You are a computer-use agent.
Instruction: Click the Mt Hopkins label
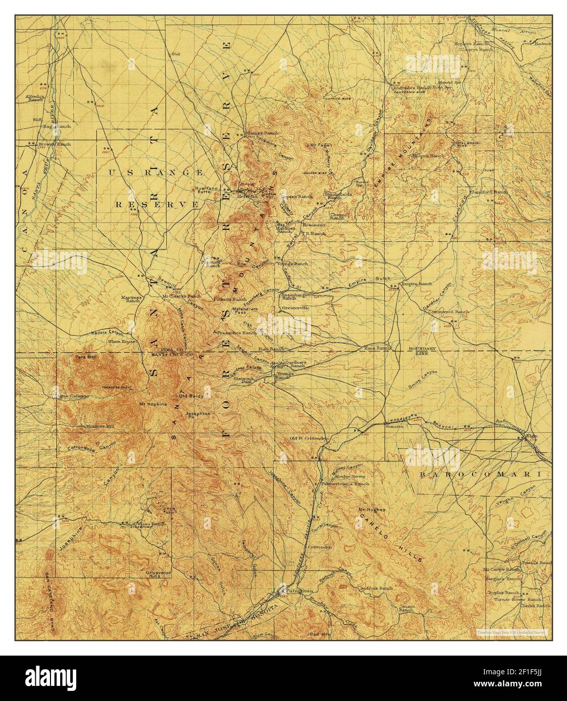pyautogui.click(x=152, y=404)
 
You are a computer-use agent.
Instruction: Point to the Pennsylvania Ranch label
pyautogui.click(x=352, y=483)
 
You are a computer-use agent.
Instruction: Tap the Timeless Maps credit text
pyautogui.click(x=513, y=631)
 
